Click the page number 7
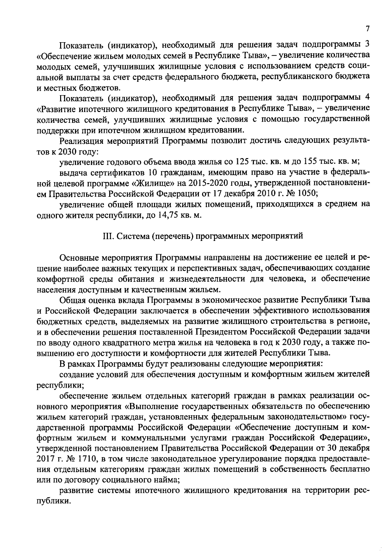click(367, 29)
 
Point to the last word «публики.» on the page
click(53, 500)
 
